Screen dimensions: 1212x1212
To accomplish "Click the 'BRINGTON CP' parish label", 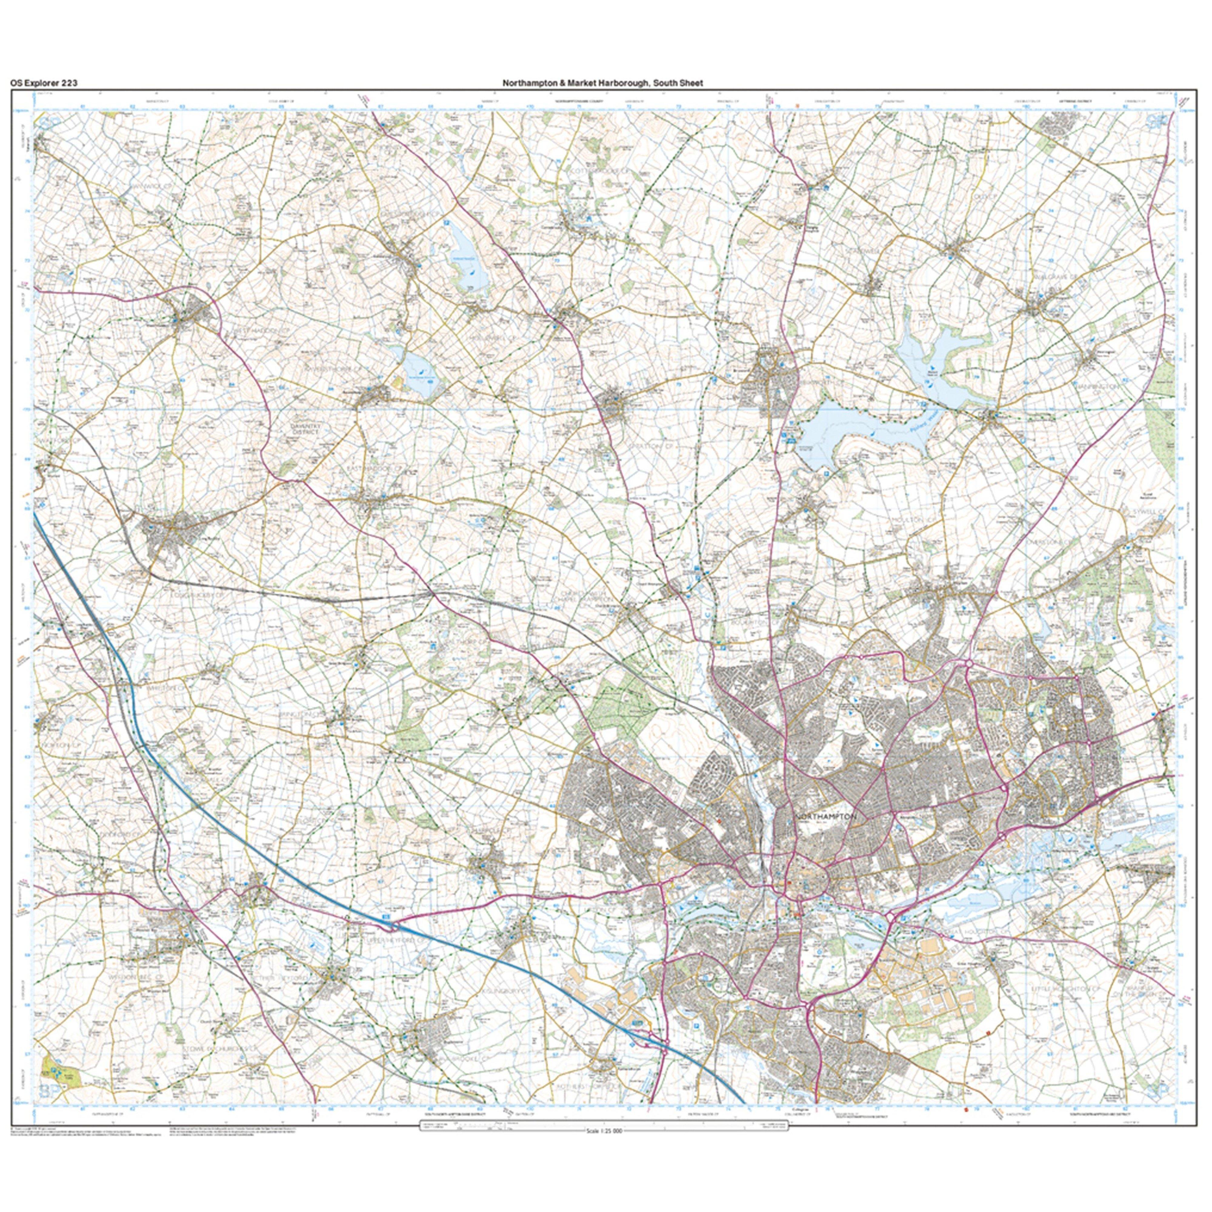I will [301, 714].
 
